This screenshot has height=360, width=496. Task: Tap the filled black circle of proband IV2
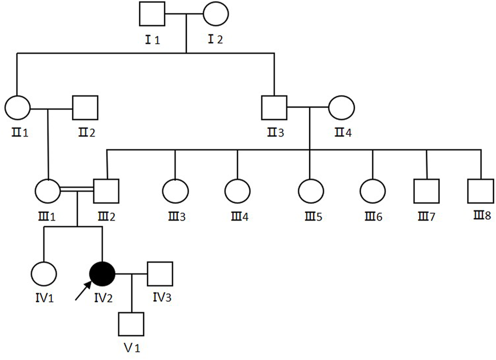tap(102, 273)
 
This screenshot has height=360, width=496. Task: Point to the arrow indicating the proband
tap(83, 291)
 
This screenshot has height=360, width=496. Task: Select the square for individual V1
tap(131, 325)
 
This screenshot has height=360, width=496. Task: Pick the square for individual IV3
tap(160, 273)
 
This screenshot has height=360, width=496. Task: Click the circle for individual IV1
tap(44, 273)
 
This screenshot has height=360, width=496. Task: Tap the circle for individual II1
tap(17, 108)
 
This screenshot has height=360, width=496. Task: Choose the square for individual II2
tap(85, 108)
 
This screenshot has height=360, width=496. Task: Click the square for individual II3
tap(274, 107)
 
